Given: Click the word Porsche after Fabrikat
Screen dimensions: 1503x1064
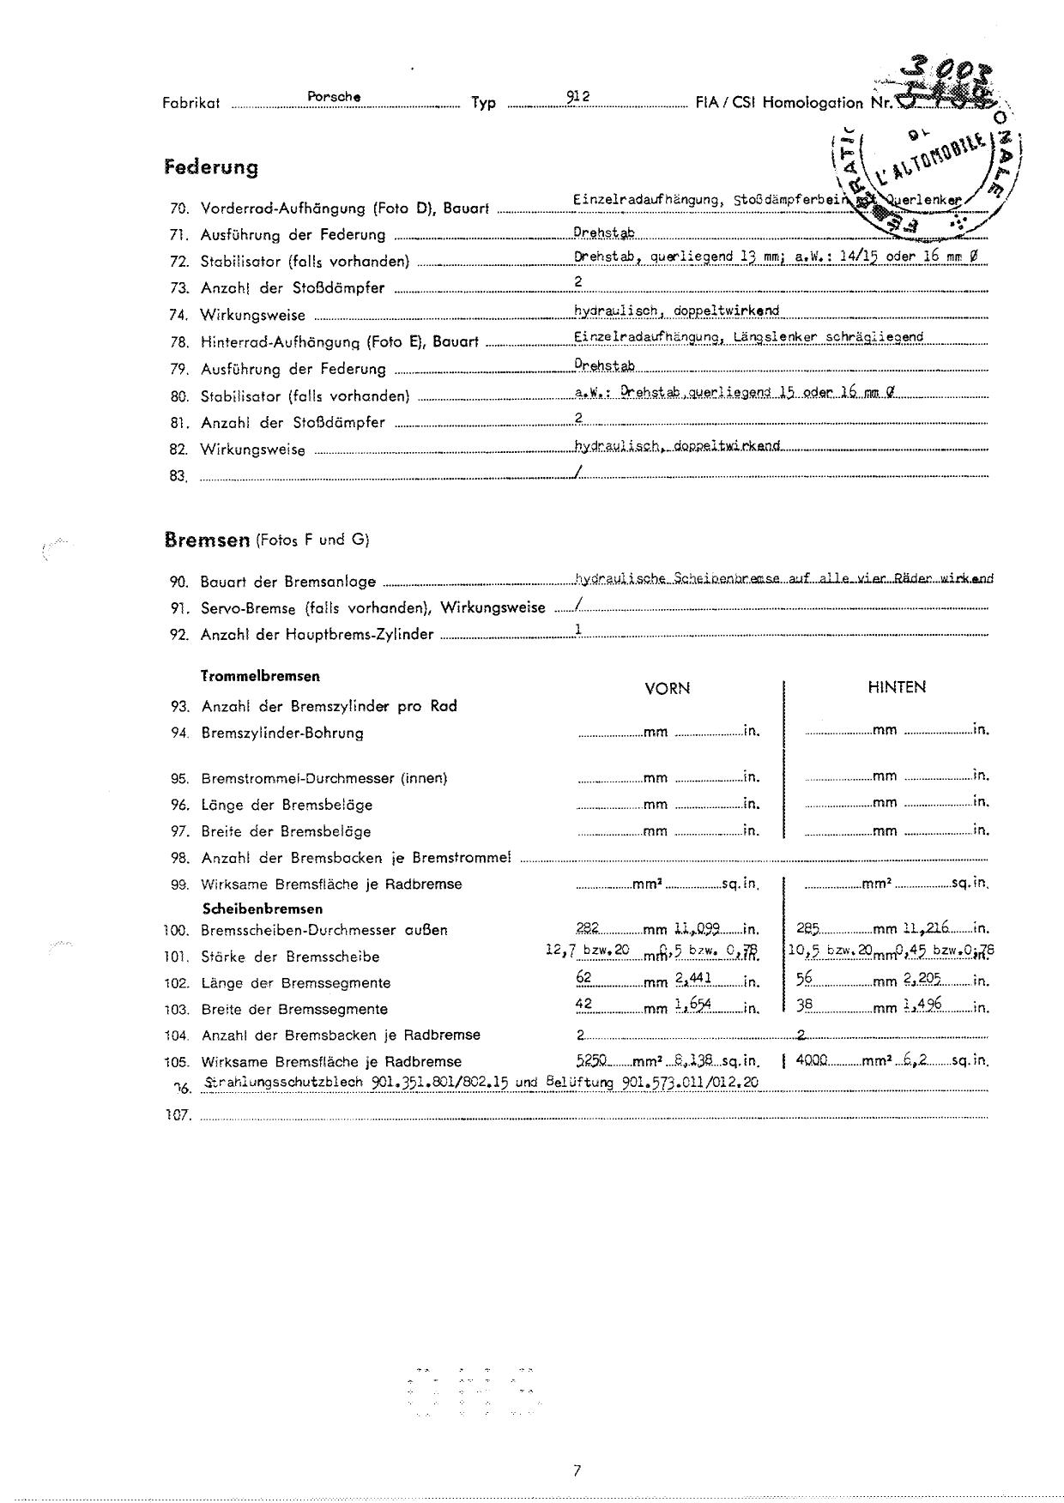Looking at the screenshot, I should click(x=333, y=97).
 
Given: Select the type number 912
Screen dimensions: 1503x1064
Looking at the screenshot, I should click(x=577, y=97).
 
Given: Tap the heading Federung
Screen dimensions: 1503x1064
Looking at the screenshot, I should click(x=210, y=166).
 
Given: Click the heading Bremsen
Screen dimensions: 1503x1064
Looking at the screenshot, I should click(x=207, y=540).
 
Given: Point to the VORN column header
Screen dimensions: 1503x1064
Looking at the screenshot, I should click(x=667, y=688).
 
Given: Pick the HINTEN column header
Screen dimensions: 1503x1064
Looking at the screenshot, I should click(x=897, y=687).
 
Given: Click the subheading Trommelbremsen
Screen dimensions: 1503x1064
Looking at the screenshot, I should click(x=260, y=676).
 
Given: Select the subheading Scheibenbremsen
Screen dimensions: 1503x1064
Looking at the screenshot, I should click(x=262, y=908).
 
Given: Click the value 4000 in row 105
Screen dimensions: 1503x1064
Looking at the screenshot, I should click(x=812, y=1060).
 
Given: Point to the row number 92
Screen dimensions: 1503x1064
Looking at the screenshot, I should click(x=179, y=636).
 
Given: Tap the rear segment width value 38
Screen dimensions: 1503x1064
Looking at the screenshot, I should click(x=806, y=1007).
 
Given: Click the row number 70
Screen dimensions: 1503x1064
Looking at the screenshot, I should click(x=179, y=208).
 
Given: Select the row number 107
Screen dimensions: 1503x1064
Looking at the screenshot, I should click(x=178, y=1117).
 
